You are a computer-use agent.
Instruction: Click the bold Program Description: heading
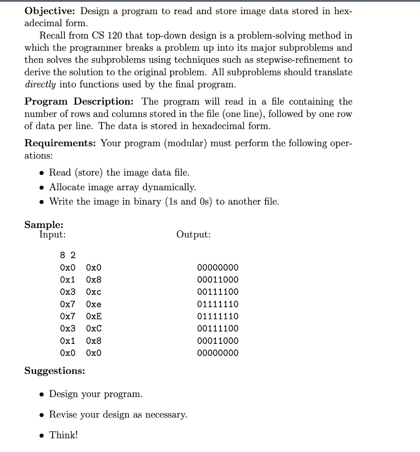[81, 102]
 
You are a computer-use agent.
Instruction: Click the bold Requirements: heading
[60, 143]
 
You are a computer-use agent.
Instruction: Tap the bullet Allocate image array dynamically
[122, 187]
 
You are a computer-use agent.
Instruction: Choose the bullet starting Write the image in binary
[164, 201]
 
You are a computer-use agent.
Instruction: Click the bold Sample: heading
[44, 224]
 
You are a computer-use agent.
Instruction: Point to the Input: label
[52, 234]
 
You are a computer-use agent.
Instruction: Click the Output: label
[193, 234]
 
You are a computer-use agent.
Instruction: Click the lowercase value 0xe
[94, 304]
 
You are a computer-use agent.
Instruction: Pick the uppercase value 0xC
[94, 328]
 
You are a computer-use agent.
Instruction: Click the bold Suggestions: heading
[55, 370]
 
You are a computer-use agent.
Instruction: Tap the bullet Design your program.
[95, 394]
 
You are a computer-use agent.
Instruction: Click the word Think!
[63, 435]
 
